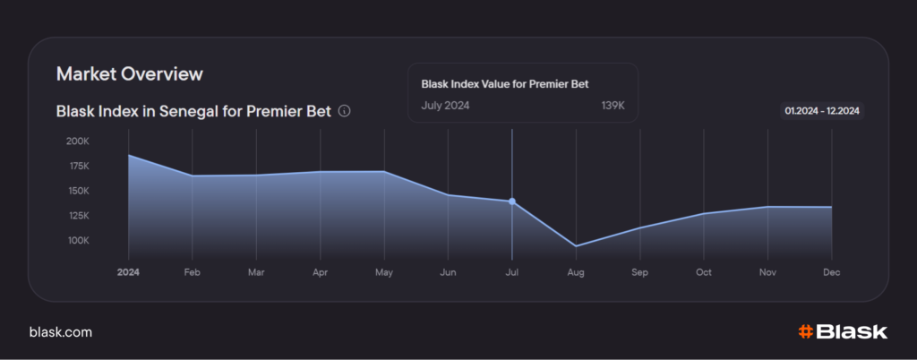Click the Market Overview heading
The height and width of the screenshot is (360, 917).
click(x=130, y=73)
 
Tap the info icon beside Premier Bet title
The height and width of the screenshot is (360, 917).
click(x=345, y=112)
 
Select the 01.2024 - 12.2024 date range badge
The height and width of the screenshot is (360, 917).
click(x=822, y=111)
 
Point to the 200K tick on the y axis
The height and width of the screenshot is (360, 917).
click(x=78, y=141)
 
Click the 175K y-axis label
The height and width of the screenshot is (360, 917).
click(x=78, y=167)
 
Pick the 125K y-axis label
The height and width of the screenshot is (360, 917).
click(x=78, y=216)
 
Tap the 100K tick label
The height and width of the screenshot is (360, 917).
click(x=78, y=241)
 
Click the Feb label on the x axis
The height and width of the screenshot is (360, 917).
click(x=193, y=270)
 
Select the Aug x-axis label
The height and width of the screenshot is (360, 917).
click(x=576, y=270)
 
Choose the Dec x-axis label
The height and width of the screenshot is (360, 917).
click(x=832, y=270)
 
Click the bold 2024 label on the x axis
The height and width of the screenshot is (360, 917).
click(x=129, y=270)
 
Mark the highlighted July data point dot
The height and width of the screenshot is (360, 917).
click(x=512, y=201)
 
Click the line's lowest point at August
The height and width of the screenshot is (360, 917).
click(x=576, y=246)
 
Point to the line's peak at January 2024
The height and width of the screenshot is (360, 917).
click(x=129, y=155)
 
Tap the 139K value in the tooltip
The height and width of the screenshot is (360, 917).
click(x=613, y=106)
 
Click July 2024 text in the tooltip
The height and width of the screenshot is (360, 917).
click(x=445, y=106)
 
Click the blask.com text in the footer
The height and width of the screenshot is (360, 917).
click(x=61, y=332)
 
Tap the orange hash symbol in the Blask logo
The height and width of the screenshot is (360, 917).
click(x=805, y=332)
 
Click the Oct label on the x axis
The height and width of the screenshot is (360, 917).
click(x=704, y=270)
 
